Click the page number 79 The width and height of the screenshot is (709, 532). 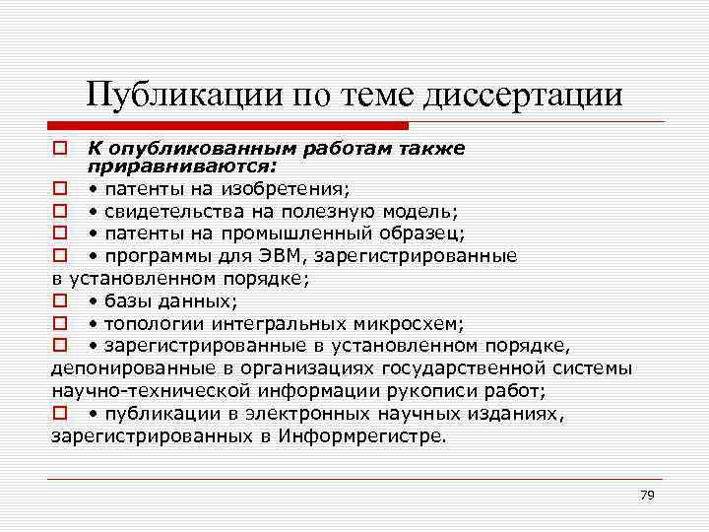click(x=646, y=495)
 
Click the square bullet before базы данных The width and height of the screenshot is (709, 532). click(x=60, y=301)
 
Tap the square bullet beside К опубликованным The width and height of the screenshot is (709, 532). click(x=60, y=149)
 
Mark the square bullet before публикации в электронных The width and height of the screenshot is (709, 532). click(x=60, y=414)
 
